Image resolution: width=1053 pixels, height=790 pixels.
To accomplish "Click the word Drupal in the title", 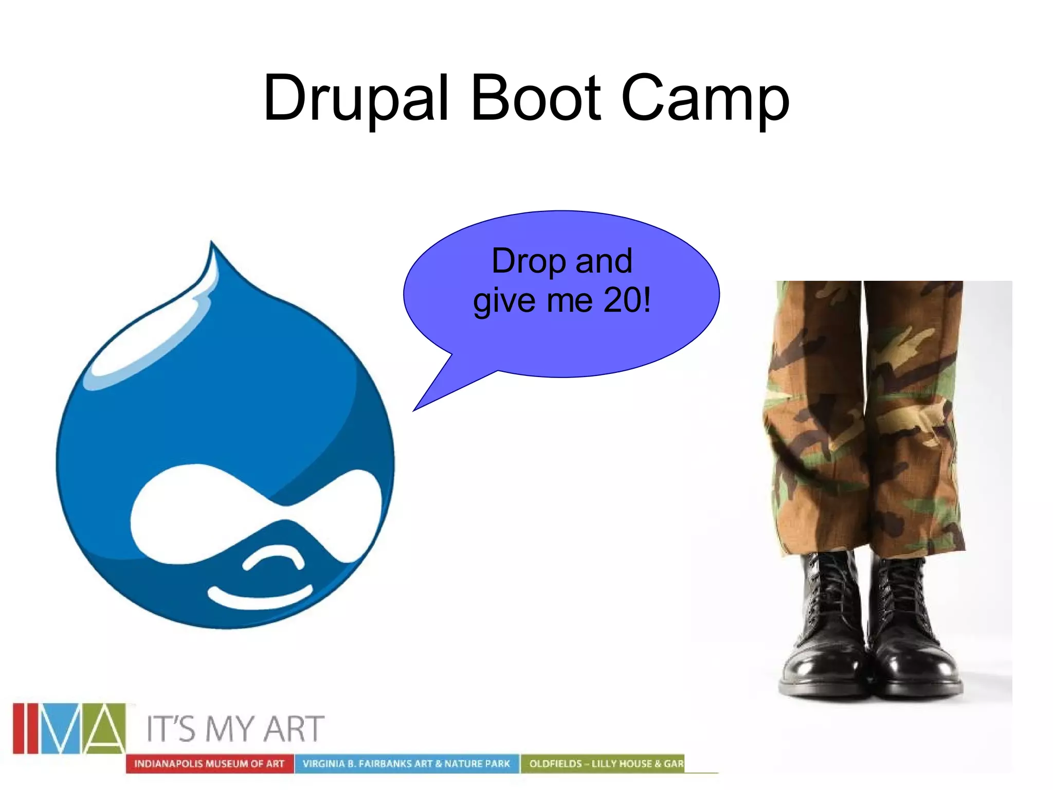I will pos(356,99).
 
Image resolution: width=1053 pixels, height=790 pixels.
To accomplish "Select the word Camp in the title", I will pos(705,99).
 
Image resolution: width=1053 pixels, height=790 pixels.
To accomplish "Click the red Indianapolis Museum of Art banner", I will pos(209,764).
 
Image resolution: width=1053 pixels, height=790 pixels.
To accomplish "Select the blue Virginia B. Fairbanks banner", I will pos(406,764).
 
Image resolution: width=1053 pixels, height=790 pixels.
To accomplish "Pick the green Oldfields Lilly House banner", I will pos(606,764).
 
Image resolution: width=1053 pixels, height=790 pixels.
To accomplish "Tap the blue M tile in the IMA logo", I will pos(61,728).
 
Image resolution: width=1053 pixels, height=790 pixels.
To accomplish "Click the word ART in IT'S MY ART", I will pos(294,729).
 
